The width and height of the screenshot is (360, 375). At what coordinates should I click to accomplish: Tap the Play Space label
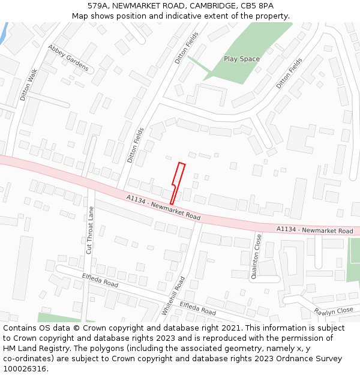242,59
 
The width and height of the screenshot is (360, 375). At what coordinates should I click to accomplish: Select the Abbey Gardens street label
68,58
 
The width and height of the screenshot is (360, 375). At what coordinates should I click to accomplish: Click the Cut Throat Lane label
91,230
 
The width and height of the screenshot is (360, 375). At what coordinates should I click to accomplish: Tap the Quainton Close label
257,257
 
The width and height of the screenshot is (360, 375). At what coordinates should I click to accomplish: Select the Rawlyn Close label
334,311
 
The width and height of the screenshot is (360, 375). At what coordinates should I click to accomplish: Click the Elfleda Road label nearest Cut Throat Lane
100,279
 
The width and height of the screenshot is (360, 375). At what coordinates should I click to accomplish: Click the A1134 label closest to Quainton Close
314,230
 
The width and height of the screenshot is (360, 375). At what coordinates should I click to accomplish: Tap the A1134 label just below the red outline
163,207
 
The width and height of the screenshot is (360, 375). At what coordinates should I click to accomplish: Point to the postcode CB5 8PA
260,5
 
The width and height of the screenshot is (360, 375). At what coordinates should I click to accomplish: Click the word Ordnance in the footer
287,358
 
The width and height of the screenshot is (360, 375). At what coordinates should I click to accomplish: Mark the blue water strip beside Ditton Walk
4,33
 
